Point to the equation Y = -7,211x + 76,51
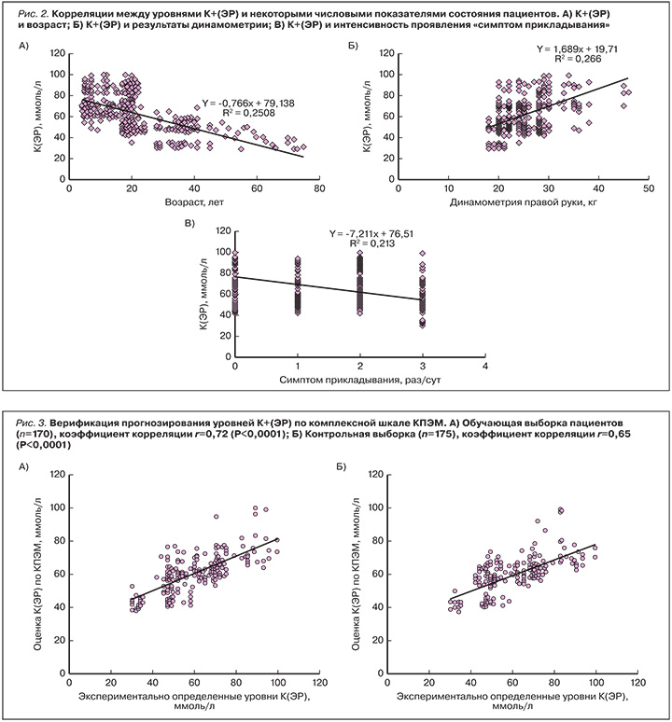(x=374, y=235)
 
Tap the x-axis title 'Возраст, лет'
(x=194, y=200)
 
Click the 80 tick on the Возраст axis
(x=319, y=187)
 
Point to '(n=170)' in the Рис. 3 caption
(x=38, y=435)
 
